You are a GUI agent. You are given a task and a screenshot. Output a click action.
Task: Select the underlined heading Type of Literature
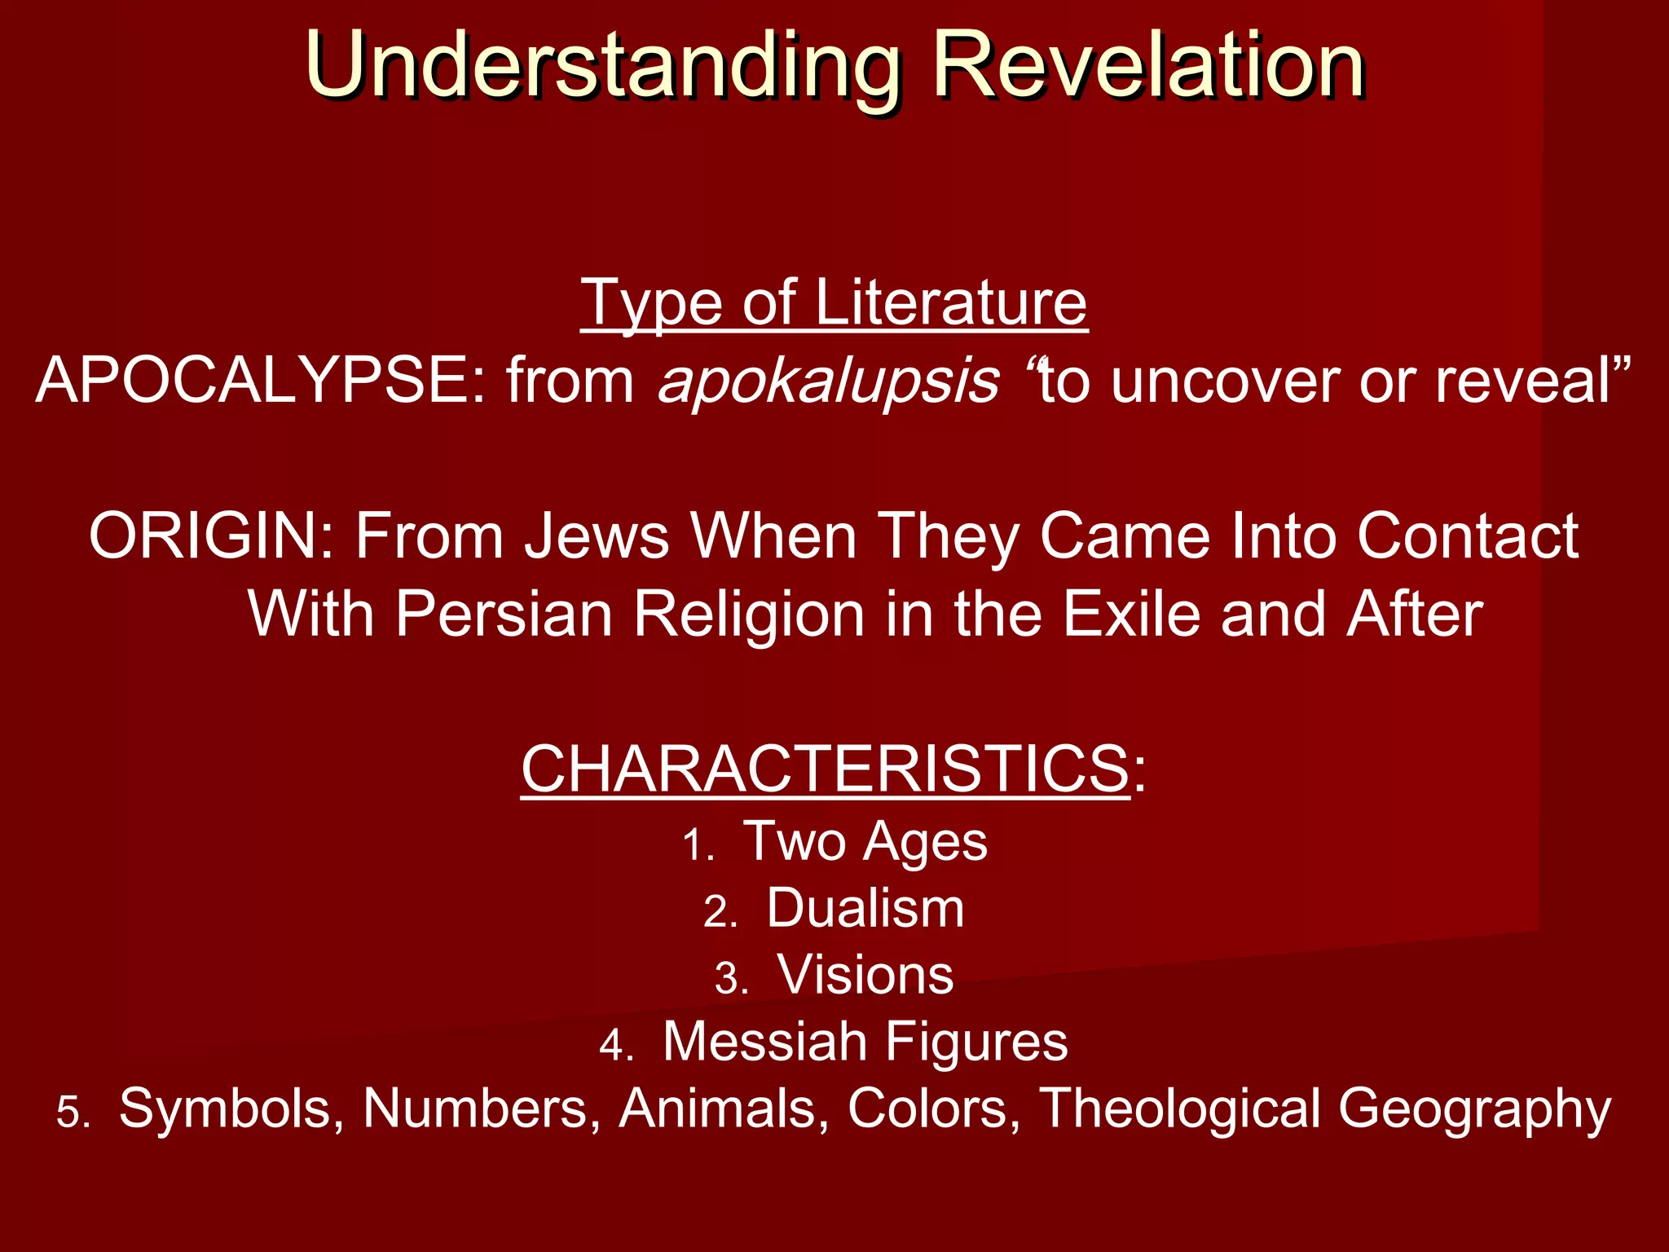pyautogui.click(x=834, y=303)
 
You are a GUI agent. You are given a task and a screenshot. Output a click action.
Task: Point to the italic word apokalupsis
pyautogui.click(x=828, y=381)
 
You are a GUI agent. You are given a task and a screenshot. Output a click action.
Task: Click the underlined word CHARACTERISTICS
pyautogui.click(x=825, y=769)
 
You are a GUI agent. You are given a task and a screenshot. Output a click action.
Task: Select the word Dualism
pyautogui.click(x=865, y=908)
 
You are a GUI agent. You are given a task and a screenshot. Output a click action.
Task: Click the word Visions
pyautogui.click(x=865, y=975)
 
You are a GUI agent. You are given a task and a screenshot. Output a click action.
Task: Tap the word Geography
pyautogui.click(x=1474, y=1109)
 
